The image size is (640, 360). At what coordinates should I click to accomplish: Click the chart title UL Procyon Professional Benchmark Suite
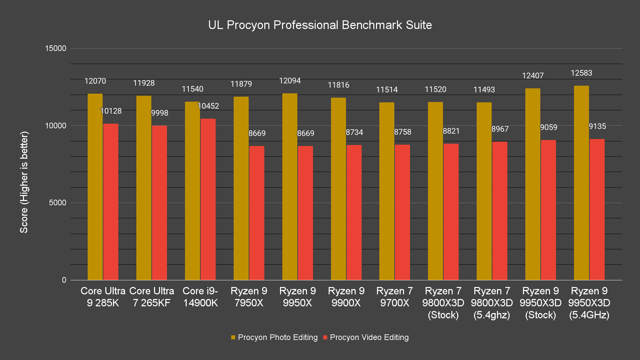[x=320, y=25]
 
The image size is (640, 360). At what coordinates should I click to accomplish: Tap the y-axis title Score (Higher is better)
[x=24, y=182]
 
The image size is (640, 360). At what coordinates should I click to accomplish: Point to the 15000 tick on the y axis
[x=56, y=48]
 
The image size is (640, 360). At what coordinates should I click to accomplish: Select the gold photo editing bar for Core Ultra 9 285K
[x=95, y=187]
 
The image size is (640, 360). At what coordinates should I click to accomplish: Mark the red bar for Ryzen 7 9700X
[x=402, y=212]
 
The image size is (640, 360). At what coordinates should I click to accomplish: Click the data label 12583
[x=581, y=73]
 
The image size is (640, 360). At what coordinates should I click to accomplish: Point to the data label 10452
[x=208, y=106]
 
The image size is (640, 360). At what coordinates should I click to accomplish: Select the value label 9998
[x=160, y=113]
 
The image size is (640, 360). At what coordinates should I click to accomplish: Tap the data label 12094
[x=290, y=81]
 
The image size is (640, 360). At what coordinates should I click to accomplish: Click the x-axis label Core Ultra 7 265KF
[x=152, y=297]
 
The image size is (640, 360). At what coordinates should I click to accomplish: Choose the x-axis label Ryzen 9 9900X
[x=346, y=297]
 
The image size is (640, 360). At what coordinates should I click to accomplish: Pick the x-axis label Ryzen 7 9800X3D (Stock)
[x=443, y=303]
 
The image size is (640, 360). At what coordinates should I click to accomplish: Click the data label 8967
[x=500, y=129]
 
